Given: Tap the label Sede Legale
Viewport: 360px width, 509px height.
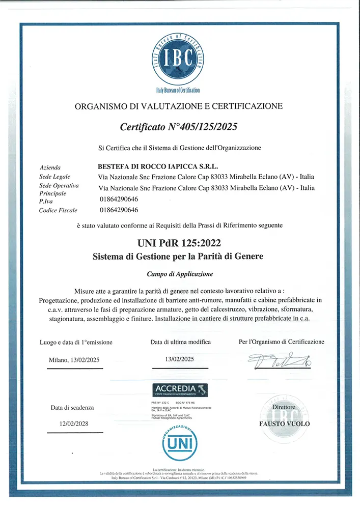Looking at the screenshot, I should [x=55, y=176].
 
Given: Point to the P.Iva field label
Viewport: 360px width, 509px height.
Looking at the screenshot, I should [x=46, y=201].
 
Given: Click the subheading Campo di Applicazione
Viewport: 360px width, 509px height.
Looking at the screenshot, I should [x=180, y=274].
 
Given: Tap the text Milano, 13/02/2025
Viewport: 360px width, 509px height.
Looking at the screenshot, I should [x=74, y=360].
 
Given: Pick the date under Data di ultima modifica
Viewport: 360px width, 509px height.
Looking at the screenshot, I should [x=180, y=359].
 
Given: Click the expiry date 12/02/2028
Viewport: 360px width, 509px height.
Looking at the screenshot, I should [x=74, y=424].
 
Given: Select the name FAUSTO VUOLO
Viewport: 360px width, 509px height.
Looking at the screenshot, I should [x=284, y=423].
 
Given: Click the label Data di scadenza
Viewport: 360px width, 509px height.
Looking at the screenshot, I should [x=72, y=408].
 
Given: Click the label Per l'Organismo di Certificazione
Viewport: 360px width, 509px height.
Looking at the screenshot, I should [x=281, y=342].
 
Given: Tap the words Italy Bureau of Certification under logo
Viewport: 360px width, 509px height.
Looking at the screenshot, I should [x=178, y=90].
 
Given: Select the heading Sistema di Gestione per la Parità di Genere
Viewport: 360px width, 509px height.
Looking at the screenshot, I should [x=178, y=256].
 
